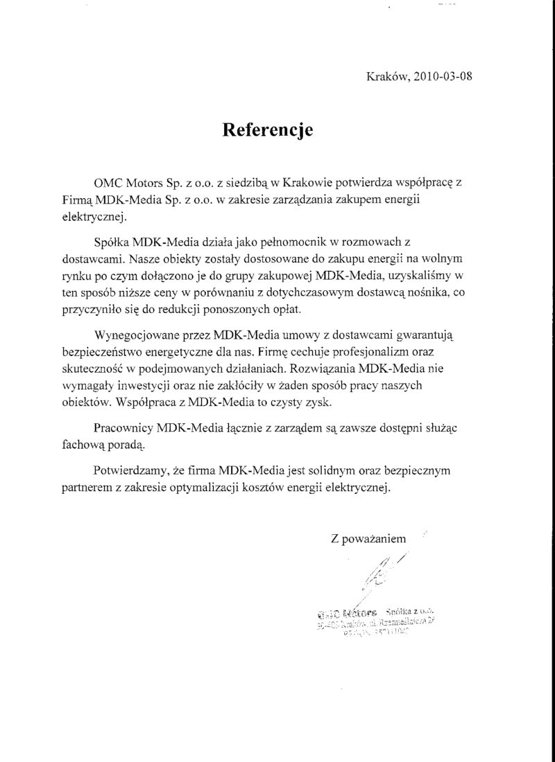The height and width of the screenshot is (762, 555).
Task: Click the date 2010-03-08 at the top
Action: (444, 78)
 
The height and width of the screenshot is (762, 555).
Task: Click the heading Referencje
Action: (268, 130)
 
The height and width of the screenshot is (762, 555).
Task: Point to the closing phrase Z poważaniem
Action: (369, 537)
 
